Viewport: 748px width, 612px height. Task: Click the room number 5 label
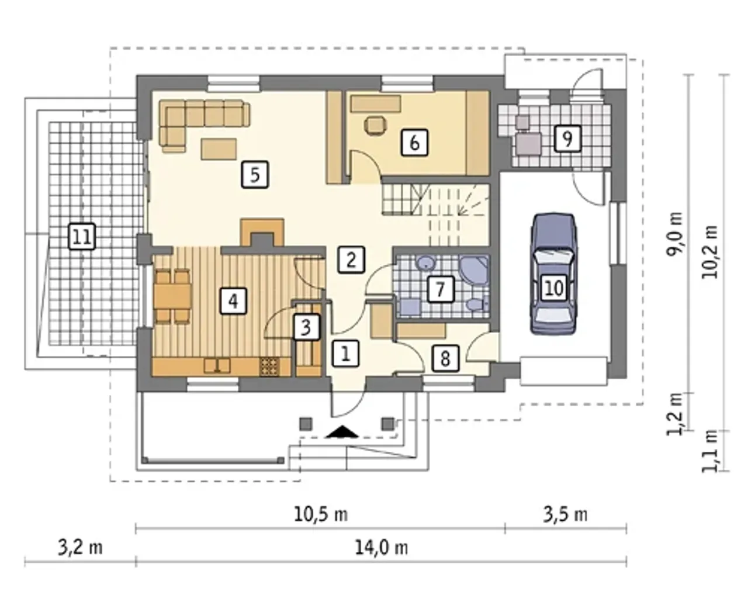[255, 174]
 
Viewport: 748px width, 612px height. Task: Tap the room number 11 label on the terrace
[82, 236]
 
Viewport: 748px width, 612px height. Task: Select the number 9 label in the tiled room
[567, 139]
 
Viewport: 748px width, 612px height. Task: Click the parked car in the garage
[553, 274]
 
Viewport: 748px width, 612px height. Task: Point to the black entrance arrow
[342, 431]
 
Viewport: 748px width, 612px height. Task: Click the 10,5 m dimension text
[321, 514]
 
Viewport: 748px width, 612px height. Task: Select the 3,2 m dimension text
[80, 548]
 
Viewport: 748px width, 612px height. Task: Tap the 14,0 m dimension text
[382, 548]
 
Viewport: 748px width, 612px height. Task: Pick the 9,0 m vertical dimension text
[674, 234]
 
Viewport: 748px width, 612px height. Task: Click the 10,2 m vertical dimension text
[709, 252]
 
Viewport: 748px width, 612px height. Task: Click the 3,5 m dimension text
[565, 514]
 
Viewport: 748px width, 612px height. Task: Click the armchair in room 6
[375, 126]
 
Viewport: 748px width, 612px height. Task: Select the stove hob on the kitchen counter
[269, 366]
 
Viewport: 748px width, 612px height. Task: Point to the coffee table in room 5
[219, 148]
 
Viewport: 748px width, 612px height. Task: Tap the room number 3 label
[306, 327]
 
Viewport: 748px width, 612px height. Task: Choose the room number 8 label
[445, 358]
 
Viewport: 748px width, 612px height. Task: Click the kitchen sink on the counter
[217, 365]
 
